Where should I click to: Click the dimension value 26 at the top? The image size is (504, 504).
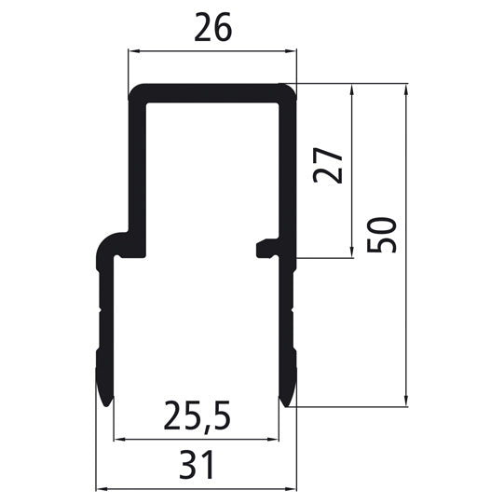coord(211,30)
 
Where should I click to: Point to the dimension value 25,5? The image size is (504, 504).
coord(197,412)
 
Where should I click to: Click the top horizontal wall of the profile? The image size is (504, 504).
coord(211,92)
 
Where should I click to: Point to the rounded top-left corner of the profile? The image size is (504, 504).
coord(133,90)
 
